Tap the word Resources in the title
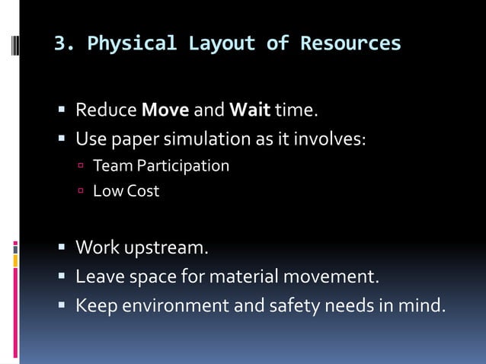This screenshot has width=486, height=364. click(x=350, y=43)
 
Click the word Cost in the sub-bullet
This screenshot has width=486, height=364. click(x=143, y=191)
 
